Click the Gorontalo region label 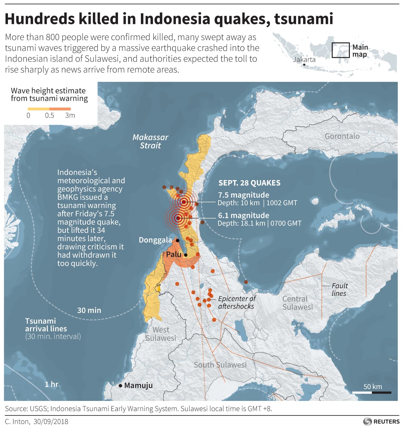click(342, 136)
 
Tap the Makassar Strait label click(150, 141)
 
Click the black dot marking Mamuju click(121, 386)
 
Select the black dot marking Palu click(186, 255)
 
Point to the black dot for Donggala click(177, 241)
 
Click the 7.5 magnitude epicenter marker click(184, 202)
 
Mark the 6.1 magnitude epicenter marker click(178, 218)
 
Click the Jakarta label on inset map click(304, 59)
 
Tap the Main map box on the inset click(340, 50)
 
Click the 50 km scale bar click(372, 392)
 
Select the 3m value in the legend click(70, 115)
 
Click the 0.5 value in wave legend click(49, 115)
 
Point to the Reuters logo click(381, 421)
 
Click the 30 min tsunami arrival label click(89, 310)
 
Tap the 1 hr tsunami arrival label click(52, 384)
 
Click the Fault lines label click(339, 290)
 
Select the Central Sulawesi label click(297, 303)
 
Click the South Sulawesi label click(220, 365)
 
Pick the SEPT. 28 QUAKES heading click(249, 183)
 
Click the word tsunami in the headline click(303, 19)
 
